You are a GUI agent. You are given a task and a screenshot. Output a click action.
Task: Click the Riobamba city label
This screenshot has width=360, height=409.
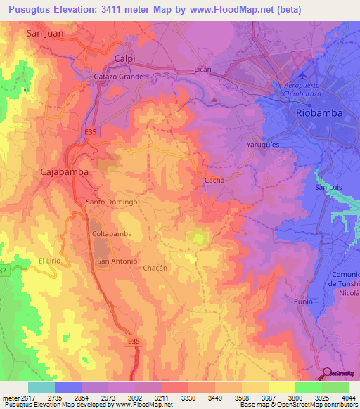coord(317,112)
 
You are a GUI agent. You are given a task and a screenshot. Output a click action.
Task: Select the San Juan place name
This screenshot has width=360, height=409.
coord(44,32)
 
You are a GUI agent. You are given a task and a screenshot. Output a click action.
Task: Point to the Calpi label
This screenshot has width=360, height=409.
coord(124,58)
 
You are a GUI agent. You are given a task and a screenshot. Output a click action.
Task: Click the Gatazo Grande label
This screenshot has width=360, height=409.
coord(118,77)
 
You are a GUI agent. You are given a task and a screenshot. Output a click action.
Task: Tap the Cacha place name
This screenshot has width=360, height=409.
coord(214,181)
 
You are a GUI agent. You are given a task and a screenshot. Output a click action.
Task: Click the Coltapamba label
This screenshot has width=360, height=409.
coord(111,233)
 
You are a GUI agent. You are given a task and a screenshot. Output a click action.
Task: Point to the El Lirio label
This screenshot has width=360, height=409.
coord(50,261)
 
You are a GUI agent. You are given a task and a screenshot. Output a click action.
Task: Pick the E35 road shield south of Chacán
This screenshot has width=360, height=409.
coord(134,340)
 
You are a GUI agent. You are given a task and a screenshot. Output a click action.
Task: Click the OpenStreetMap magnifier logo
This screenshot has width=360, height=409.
coord(327,373)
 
